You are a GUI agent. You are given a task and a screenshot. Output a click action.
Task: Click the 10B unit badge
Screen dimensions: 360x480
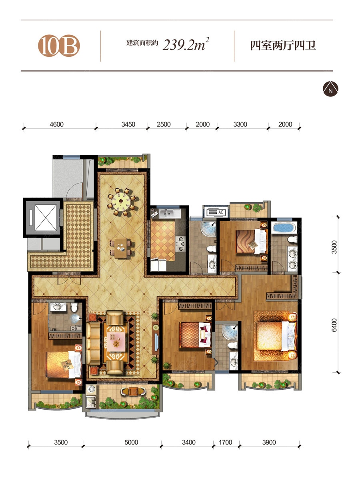point(59,46)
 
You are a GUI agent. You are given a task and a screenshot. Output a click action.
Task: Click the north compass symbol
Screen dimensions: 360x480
point(330,89)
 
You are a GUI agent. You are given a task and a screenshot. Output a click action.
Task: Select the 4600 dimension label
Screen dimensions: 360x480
point(57,124)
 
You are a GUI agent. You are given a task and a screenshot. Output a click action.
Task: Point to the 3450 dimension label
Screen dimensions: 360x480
point(128,124)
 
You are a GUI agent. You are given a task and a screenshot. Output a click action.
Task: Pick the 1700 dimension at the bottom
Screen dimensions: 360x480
point(225,442)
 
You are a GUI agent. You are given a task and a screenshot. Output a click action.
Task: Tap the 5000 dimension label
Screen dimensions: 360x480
point(131,442)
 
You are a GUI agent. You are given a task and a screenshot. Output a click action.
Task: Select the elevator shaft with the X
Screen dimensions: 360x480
point(46,218)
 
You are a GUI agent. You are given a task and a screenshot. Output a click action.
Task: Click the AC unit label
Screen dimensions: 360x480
point(220,212)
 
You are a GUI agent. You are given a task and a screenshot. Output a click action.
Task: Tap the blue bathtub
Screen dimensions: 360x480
point(284,228)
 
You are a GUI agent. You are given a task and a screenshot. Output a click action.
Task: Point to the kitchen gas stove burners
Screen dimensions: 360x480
point(180,243)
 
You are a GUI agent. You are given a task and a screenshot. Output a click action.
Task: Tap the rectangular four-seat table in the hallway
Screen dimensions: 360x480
point(121,248)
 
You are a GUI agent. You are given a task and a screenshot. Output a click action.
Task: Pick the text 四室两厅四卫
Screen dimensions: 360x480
point(283,46)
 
